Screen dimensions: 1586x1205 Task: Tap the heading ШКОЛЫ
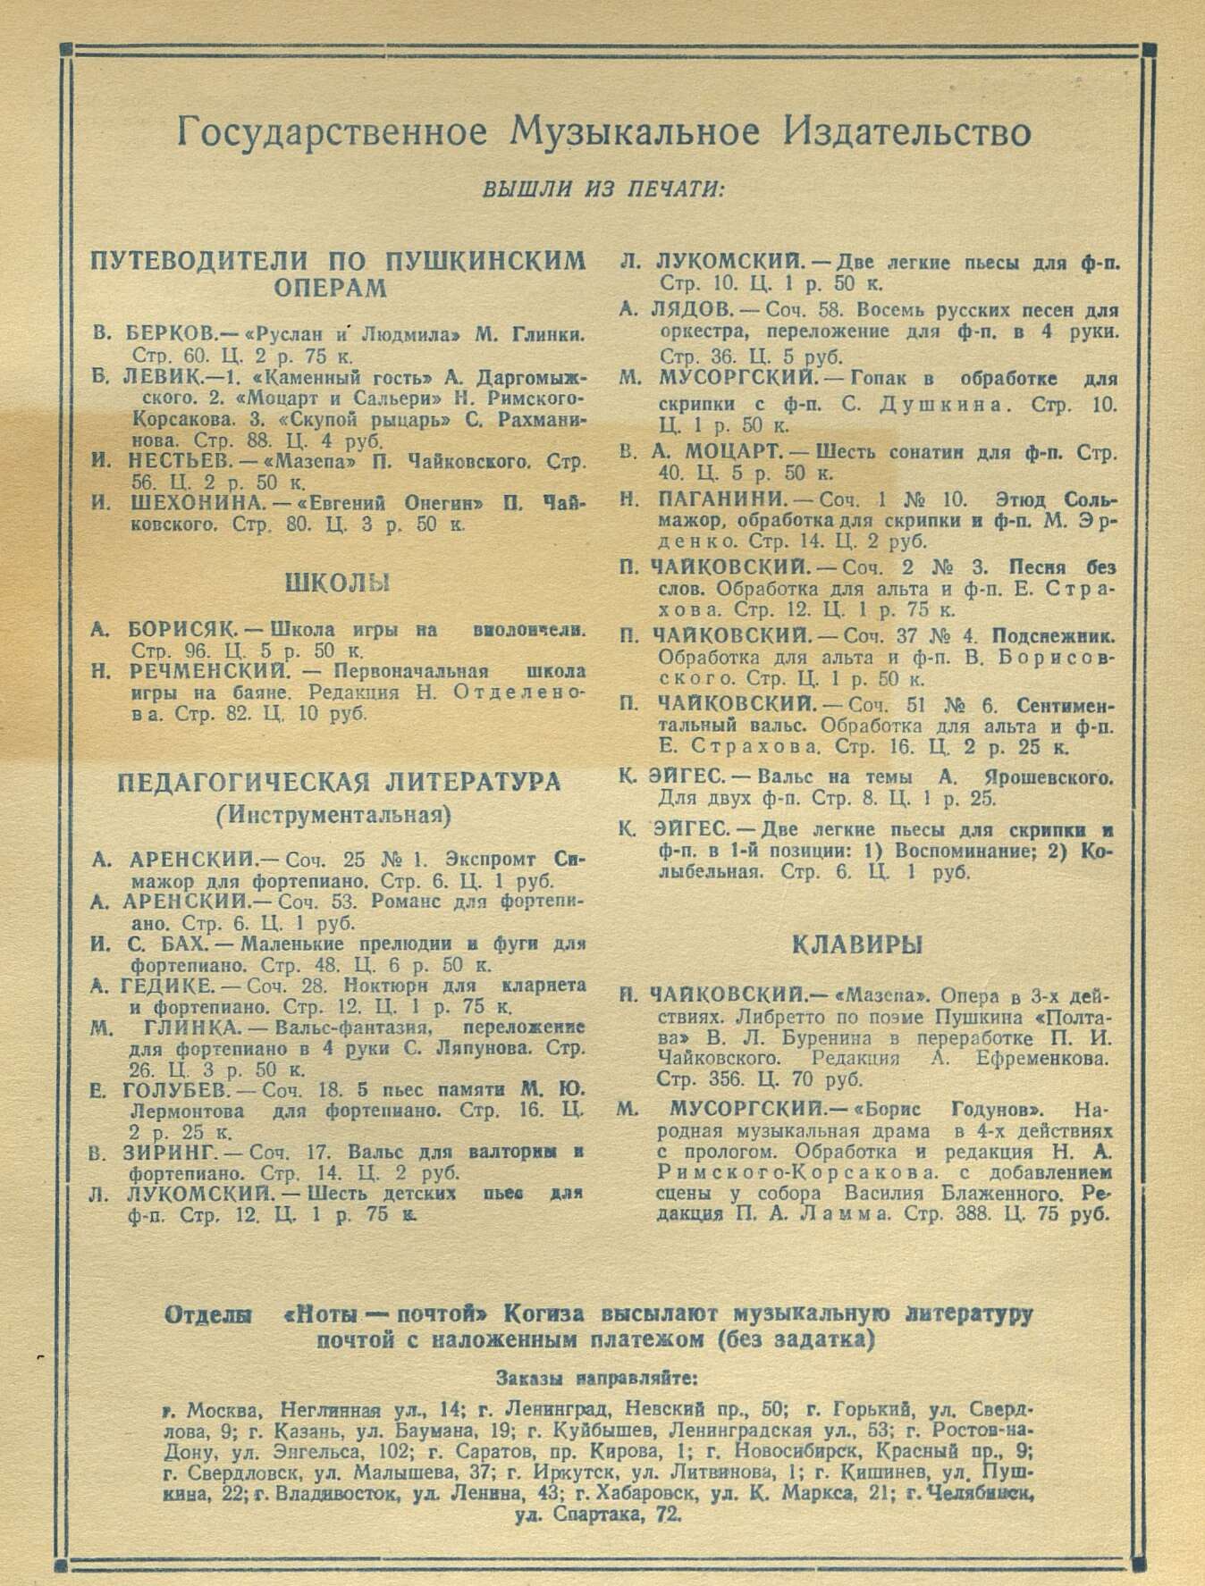[x=338, y=583]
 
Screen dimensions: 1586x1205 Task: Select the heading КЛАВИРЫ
[x=857, y=944]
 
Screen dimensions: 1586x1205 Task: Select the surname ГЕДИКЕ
[x=168, y=986]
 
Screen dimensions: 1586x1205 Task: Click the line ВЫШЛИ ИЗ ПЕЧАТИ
[x=603, y=190]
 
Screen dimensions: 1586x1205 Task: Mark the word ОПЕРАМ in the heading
[x=329, y=288]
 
